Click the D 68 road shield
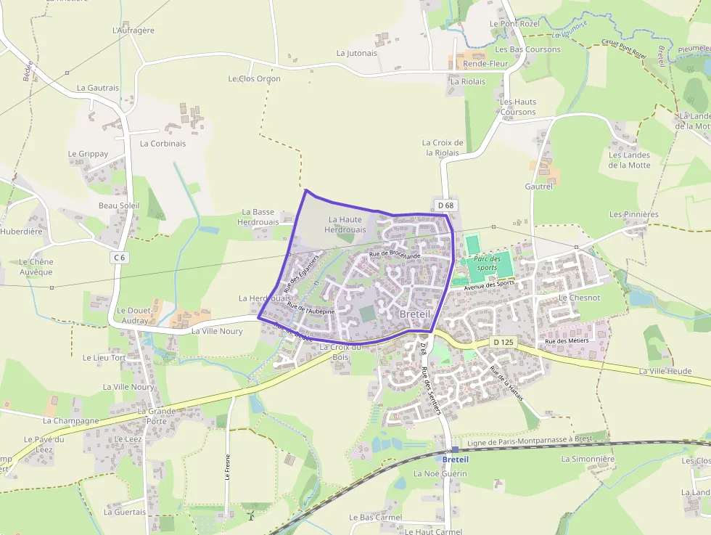[x=445, y=205]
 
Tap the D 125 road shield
[x=503, y=341]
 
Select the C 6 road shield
[x=120, y=257]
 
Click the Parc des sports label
[x=486, y=263]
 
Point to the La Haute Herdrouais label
[x=345, y=224]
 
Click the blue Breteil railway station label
[x=455, y=460]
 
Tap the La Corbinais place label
[x=163, y=144]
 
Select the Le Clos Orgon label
[x=254, y=78]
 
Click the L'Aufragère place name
[x=133, y=30]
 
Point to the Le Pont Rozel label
[x=514, y=23]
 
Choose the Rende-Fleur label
[x=485, y=64]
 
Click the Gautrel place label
[x=538, y=187]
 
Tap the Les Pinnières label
[x=633, y=214]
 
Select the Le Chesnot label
[x=579, y=298]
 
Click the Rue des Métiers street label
[x=567, y=341]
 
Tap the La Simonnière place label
[x=588, y=459]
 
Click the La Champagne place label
[x=70, y=420]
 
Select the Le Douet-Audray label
[x=132, y=315]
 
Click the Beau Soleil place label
[x=119, y=205]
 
